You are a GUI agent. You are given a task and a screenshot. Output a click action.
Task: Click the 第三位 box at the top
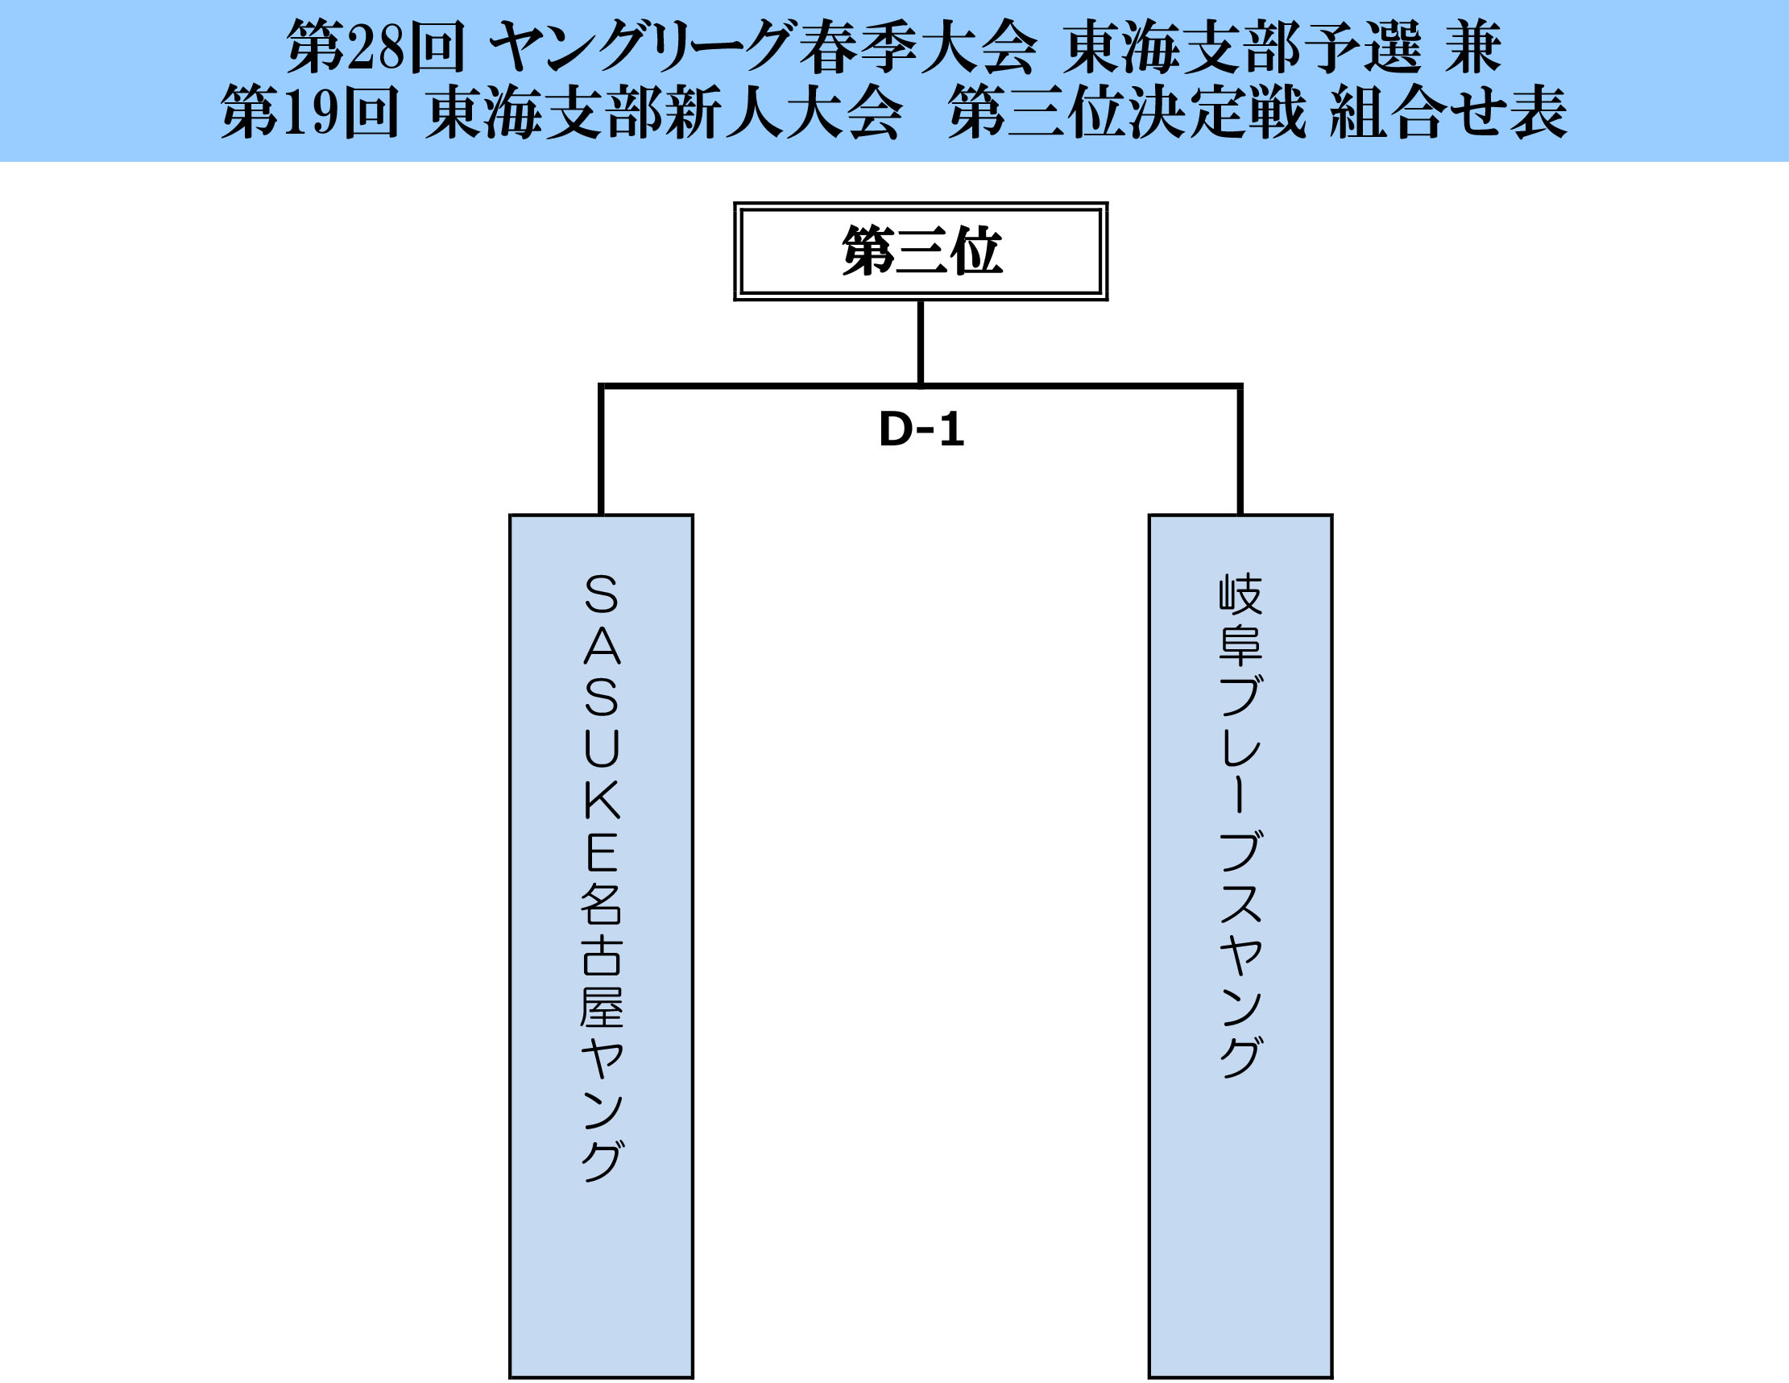tap(921, 251)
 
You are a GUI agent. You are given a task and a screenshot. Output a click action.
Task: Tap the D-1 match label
tap(921, 429)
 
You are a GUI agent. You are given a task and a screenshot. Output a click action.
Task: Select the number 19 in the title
tap(309, 112)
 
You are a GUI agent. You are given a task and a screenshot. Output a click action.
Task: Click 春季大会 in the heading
tap(917, 48)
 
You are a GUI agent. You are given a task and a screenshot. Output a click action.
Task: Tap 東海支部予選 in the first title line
tap(1242, 48)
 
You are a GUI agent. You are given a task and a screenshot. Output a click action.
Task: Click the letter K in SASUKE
tap(602, 801)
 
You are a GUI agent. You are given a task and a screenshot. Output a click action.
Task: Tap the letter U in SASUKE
tap(602, 748)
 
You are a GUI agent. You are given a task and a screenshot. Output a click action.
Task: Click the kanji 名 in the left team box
tap(602, 904)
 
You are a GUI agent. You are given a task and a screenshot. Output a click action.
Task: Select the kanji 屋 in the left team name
tap(602, 1007)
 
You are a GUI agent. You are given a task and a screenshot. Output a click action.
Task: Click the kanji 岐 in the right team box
tap(1240, 594)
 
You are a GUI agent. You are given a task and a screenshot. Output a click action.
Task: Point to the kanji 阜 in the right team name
tap(1240, 647)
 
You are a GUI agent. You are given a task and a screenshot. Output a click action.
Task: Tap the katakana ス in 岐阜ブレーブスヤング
tap(1240, 904)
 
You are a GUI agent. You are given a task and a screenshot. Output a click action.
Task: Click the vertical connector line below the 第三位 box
tap(921, 342)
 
